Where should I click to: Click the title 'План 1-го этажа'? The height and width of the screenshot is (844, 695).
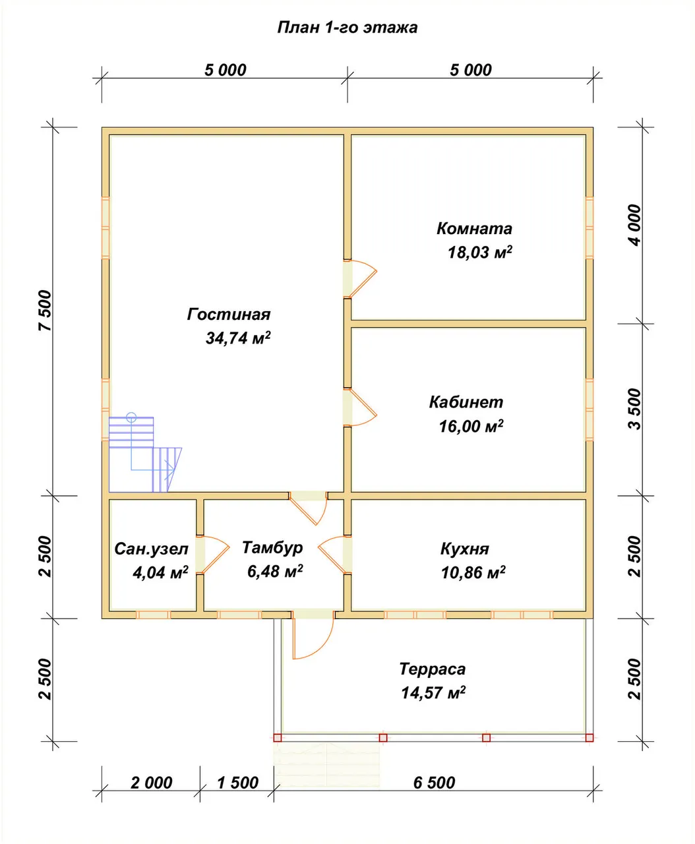347,28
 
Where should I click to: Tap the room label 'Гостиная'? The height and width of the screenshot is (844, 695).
229,314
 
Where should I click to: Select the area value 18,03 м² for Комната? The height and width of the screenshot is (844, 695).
480,253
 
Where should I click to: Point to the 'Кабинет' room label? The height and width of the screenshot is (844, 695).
466,402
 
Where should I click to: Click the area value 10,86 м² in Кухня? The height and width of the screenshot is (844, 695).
473,572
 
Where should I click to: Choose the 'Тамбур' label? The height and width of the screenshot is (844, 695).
272,547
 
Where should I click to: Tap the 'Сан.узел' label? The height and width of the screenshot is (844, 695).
151,549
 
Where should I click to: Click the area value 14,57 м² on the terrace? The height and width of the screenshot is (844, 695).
433,692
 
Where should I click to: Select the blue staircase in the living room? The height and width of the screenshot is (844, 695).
145,453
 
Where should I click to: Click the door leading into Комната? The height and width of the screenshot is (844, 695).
360,278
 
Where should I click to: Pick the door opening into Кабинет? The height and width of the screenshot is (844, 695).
360,406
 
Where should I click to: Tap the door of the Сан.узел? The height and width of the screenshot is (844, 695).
213,555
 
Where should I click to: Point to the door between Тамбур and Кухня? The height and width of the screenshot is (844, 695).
335,555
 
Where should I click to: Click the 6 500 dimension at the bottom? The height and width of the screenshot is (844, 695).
435,783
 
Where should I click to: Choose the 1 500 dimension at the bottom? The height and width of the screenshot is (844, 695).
238,783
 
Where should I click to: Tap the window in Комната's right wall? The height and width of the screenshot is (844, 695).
589,227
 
